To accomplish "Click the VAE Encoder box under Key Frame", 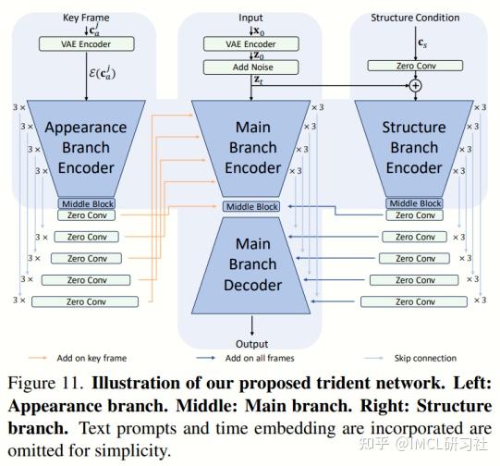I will pyautogui.click(x=86, y=43).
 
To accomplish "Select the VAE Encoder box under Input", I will pyautogui.click(x=251, y=43).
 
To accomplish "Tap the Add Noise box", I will pyautogui.click(x=251, y=67).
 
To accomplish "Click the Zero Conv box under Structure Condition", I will pyautogui.click(x=415, y=66).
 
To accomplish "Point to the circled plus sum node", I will pyautogui.click(x=415, y=84).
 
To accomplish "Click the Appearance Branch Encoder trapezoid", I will pyautogui.click(x=87, y=148).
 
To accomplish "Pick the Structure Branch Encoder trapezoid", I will pyautogui.click(x=415, y=148).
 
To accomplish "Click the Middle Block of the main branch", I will pyautogui.click(x=251, y=206).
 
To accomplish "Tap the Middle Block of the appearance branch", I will pyautogui.click(x=87, y=203).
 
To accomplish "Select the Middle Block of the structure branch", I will pyautogui.click(x=415, y=203).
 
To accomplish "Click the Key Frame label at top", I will pyautogui.click(x=86, y=18).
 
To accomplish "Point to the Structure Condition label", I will pyautogui.click(x=415, y=18).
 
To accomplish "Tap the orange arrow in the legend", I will pyautogui.click(x=41, y=358).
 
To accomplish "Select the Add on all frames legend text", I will pyautogui.click(x=267, y=358).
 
